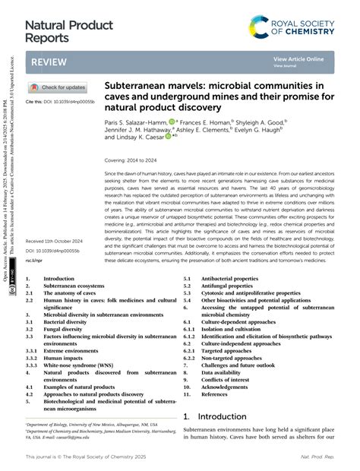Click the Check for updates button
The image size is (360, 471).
(57, 87)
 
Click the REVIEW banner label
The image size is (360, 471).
(48, 62)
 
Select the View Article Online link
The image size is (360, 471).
(298, 58)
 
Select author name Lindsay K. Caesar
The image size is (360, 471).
(137, 138)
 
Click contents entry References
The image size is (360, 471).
(214, 394)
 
